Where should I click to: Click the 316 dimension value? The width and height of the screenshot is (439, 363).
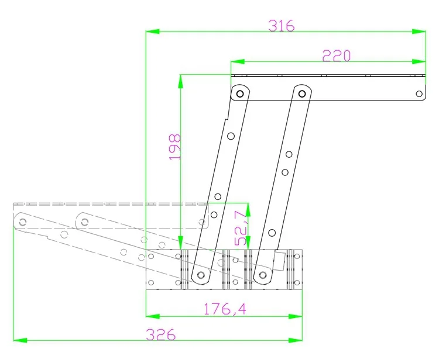282,26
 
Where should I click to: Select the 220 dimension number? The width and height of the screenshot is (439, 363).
336,56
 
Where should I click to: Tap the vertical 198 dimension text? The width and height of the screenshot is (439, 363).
175,147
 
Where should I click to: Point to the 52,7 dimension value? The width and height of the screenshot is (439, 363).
241,228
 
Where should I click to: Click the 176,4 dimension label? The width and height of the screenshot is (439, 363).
225,309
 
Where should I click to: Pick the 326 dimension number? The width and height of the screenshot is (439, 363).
161,334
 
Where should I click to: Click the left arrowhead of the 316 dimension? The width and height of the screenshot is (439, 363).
153,32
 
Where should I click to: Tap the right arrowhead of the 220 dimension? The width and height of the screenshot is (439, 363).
419,61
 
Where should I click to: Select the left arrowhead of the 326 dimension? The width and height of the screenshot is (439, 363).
20,340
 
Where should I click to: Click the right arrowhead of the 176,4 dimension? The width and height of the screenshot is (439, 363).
296,316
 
